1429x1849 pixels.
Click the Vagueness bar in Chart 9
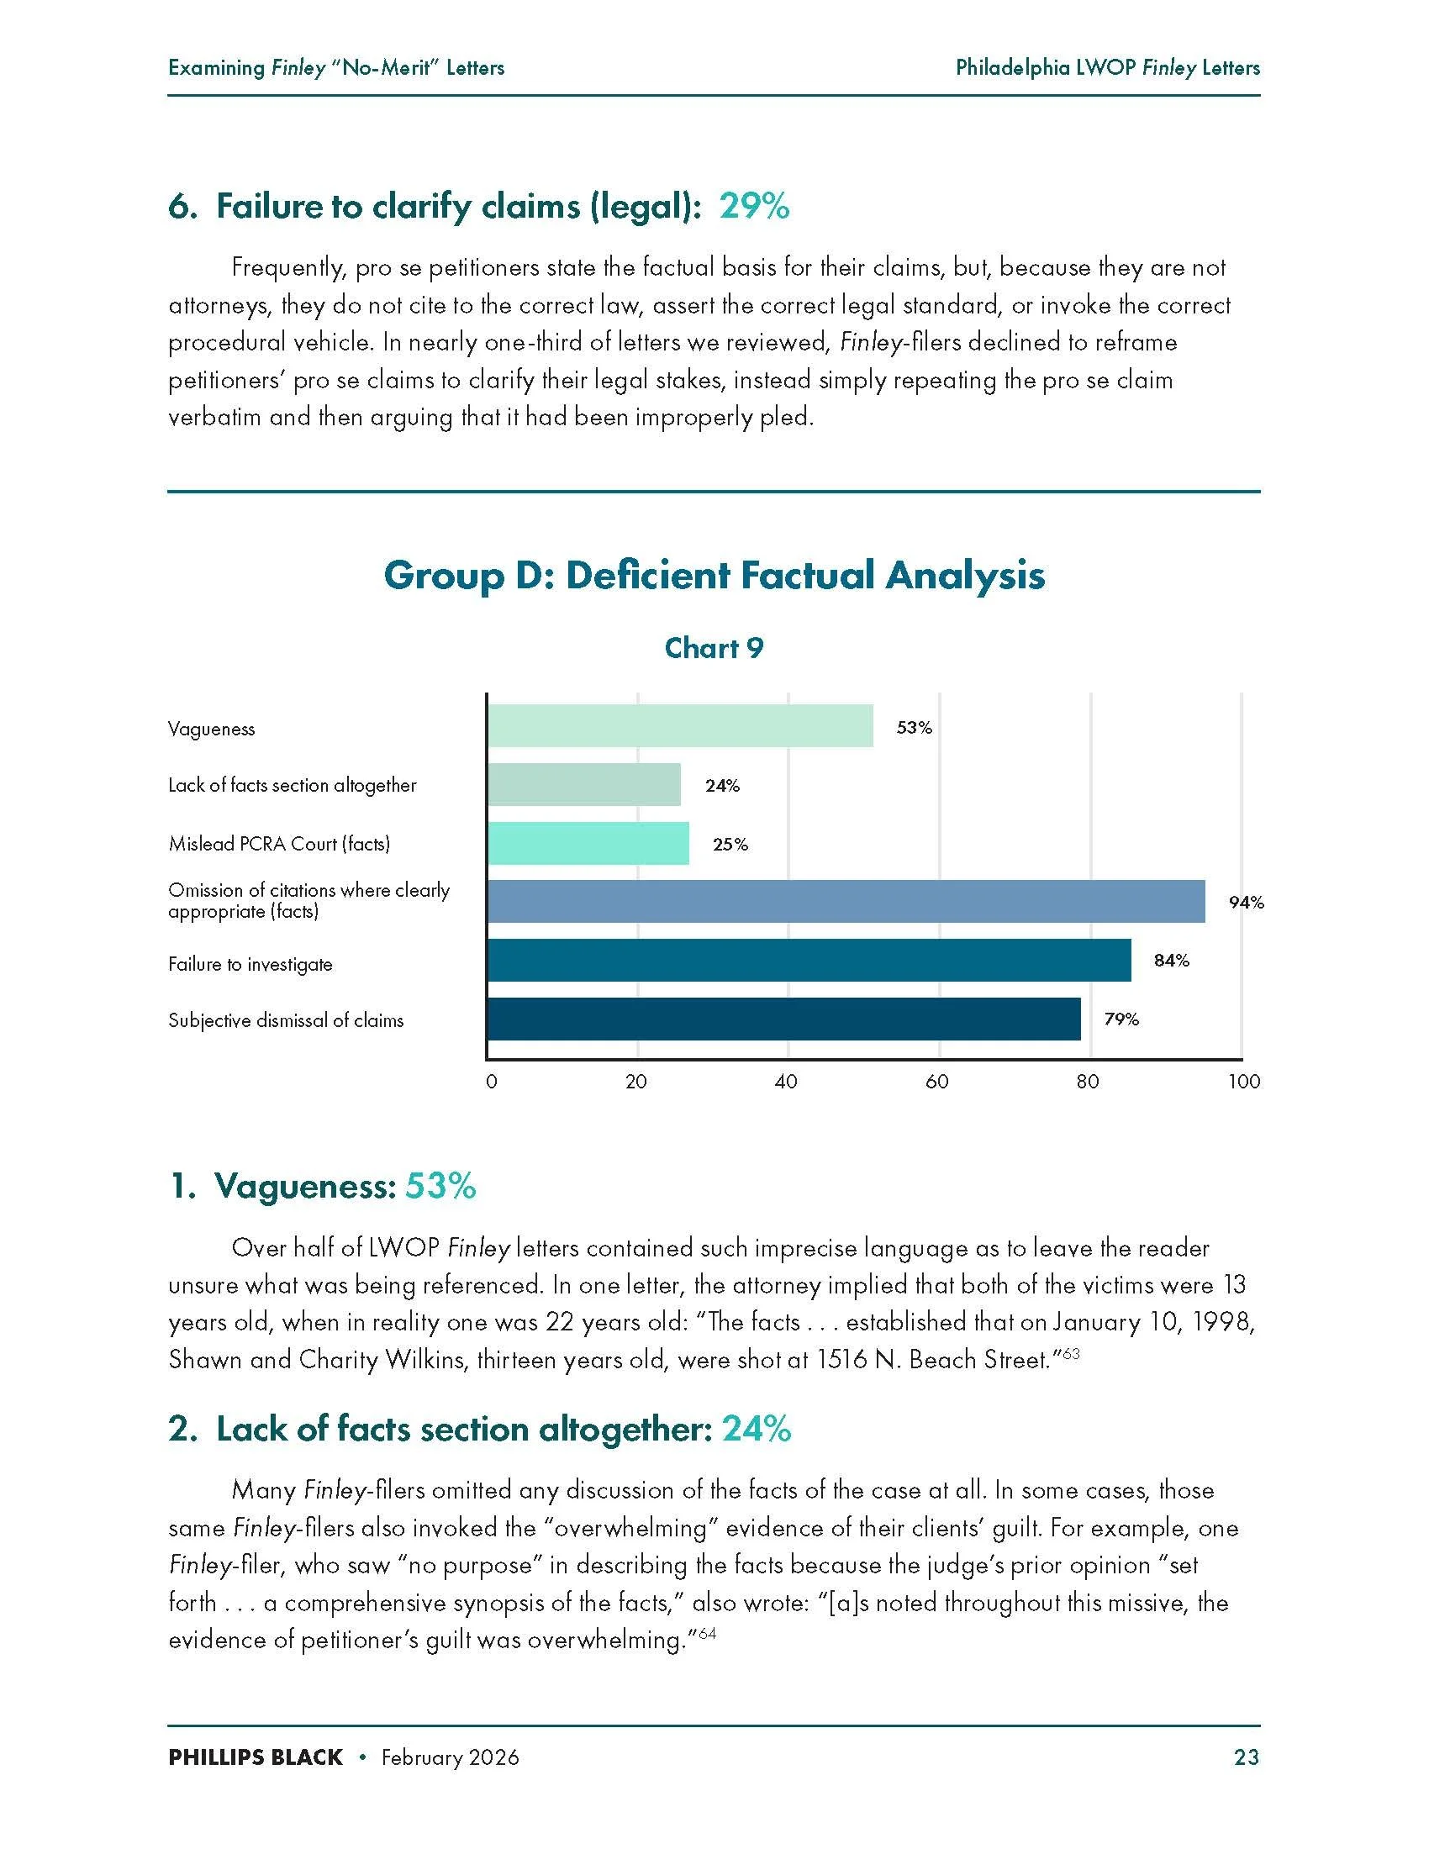click(680, 725)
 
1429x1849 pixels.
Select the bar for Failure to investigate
click(809, 960)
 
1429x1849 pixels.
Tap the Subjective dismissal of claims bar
click(783, 1019)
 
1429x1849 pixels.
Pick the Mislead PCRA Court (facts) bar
click(588, 843)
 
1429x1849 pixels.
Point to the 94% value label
click(1246, 903)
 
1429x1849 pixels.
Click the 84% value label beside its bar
click(1171, 960)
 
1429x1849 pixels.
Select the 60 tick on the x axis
click(937, 1082)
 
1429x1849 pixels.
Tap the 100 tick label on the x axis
click(1243, 1082)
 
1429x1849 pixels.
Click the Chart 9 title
click(714, 648)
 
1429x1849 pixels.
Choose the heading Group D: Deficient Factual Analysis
click(714, 576)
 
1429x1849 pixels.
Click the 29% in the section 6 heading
click(754, 206)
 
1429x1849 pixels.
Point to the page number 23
click(1246, 1757)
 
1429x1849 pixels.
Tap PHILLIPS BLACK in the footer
click(255, 1757)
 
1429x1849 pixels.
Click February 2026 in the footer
click(450, 1757)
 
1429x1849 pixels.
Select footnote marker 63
click(1071, 1354)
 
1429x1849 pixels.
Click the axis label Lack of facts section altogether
click(292, 785)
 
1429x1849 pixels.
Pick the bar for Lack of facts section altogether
click(583, 785)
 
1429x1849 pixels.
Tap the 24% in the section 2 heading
click(756, 1429)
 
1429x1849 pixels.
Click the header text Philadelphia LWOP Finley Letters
click(1107, 68)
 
